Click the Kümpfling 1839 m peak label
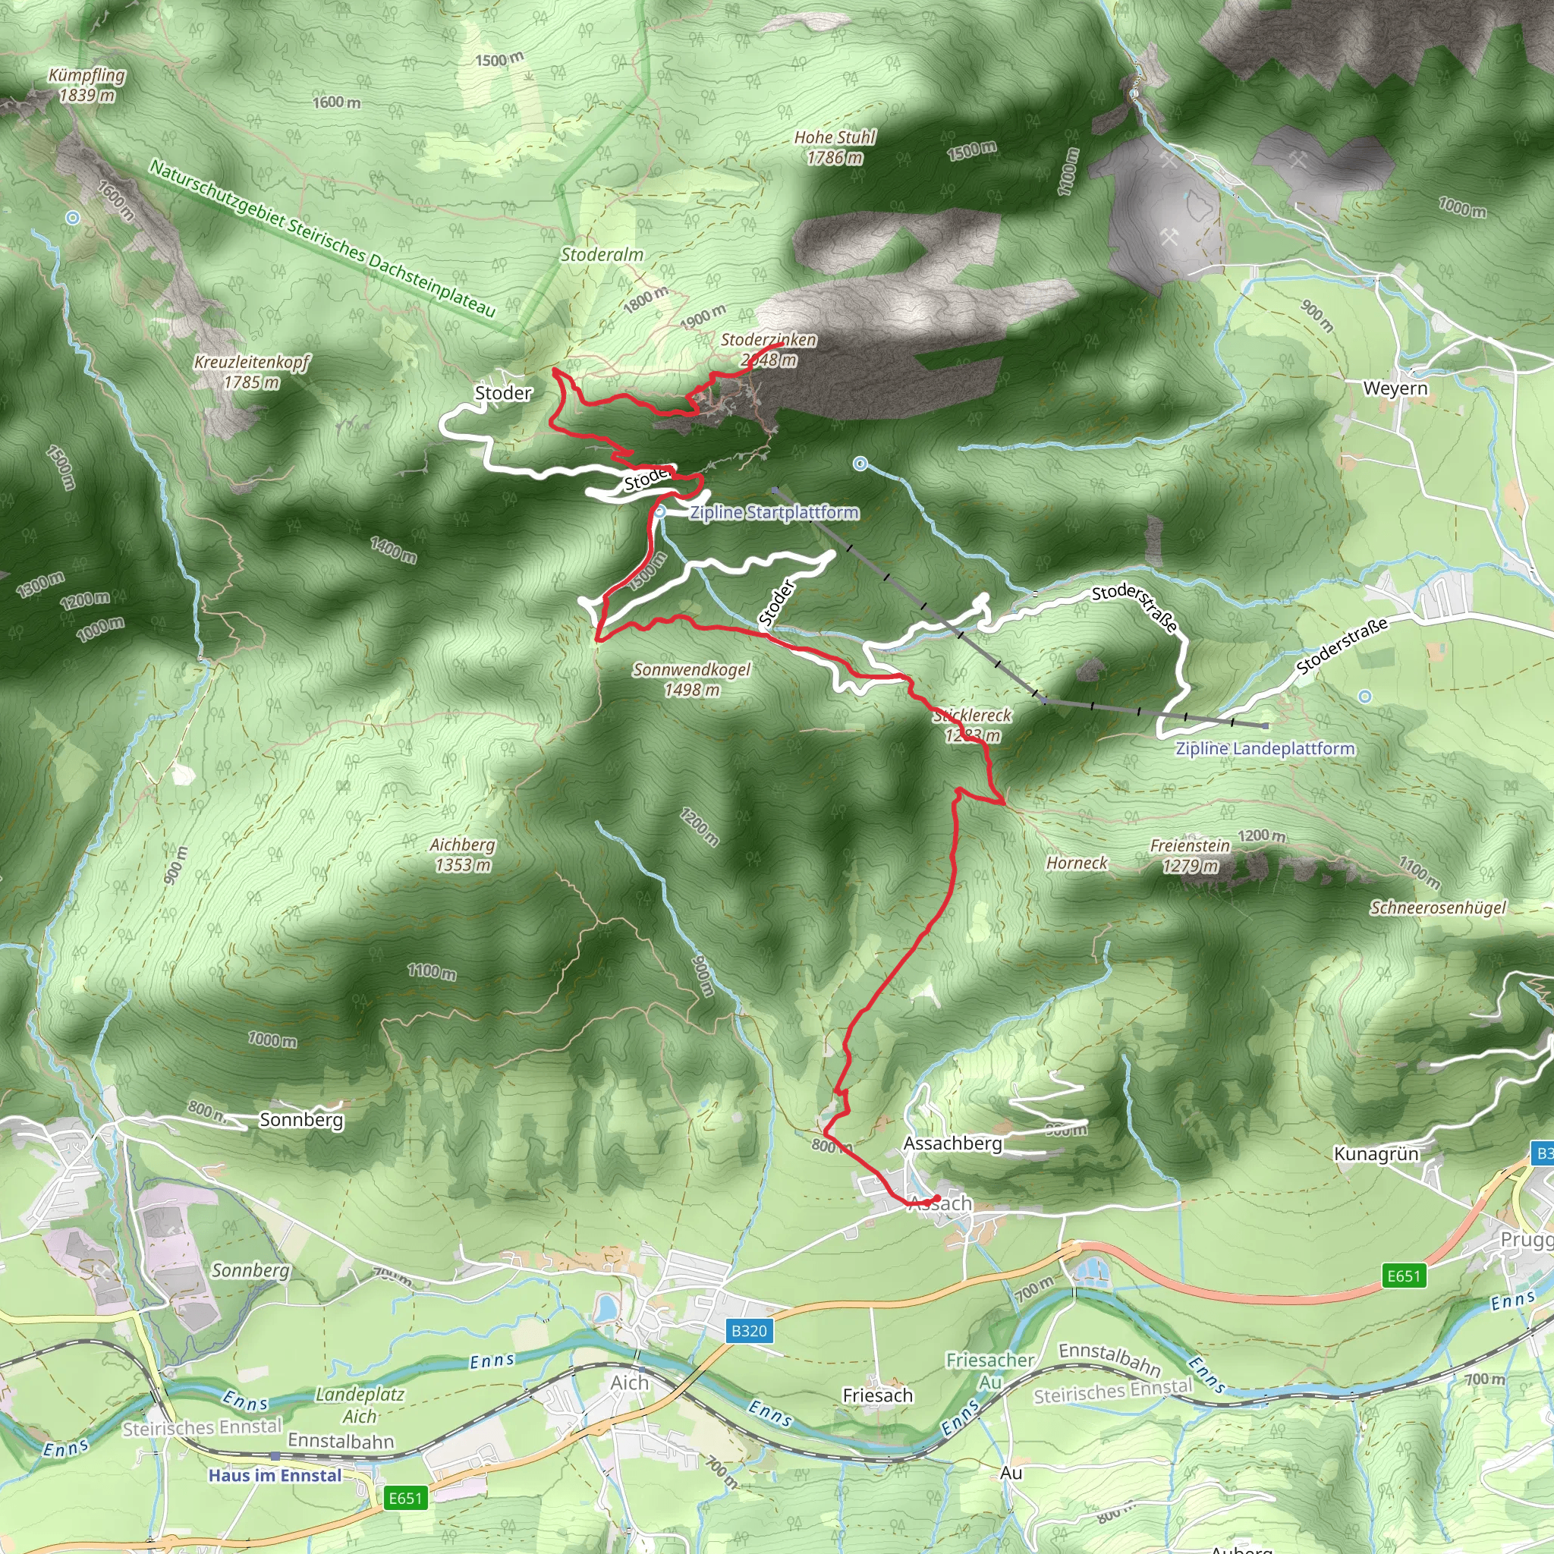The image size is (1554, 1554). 87,85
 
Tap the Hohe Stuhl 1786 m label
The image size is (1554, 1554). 835,147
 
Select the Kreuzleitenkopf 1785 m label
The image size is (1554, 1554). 252,373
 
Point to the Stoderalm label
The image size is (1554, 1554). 602,255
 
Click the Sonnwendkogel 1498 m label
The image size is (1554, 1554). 692,680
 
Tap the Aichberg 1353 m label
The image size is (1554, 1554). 463,855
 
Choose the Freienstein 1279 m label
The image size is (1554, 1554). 1190,856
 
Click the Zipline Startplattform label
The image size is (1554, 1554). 775,512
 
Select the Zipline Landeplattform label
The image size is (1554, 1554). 1265,748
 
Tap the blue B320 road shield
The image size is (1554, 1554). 749,1331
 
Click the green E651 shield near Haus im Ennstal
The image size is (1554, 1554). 405,1499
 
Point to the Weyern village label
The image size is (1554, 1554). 1395,388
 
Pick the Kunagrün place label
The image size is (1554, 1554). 1376,1154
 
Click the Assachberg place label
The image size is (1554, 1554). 953,1143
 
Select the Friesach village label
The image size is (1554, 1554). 878,1395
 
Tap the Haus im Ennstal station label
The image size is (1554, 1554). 275,1476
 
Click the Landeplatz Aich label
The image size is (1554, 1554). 360,1405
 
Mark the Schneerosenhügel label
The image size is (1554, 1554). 1438,908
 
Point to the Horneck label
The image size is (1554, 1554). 1077,863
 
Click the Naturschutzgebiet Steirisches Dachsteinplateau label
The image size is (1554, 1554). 322,238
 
